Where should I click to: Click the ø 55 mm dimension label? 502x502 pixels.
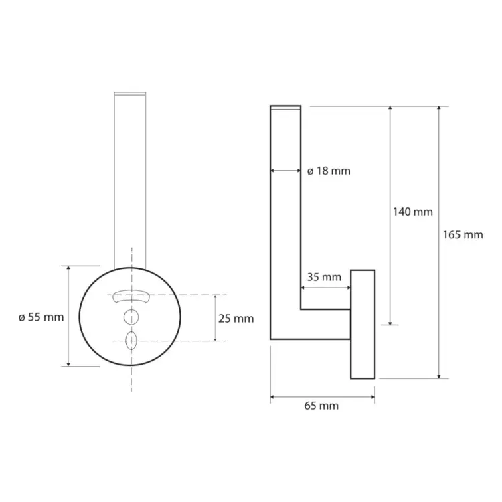pyautogui.click(x=41, y=317)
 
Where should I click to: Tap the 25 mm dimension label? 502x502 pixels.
pyautogui.click(x=236, y=319)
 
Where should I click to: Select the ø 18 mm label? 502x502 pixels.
pyautogui.click(x=329, y=171)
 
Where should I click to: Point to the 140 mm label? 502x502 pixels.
pyautogui.click(x=413, y=212)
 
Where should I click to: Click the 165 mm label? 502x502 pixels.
pyautogui.click(x=463, y=235)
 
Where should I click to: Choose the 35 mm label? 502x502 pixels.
pyautogui.click(x=324, y=277)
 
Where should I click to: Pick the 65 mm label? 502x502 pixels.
pyautogui.click(x=321, y=406)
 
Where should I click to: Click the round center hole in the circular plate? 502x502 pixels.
pyautogui.click(x=131, y=317)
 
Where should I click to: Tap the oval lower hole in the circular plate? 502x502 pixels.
pyautogui.click(x=131, y=341)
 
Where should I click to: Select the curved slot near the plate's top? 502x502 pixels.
pyautogui.click(x=131, y=296)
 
